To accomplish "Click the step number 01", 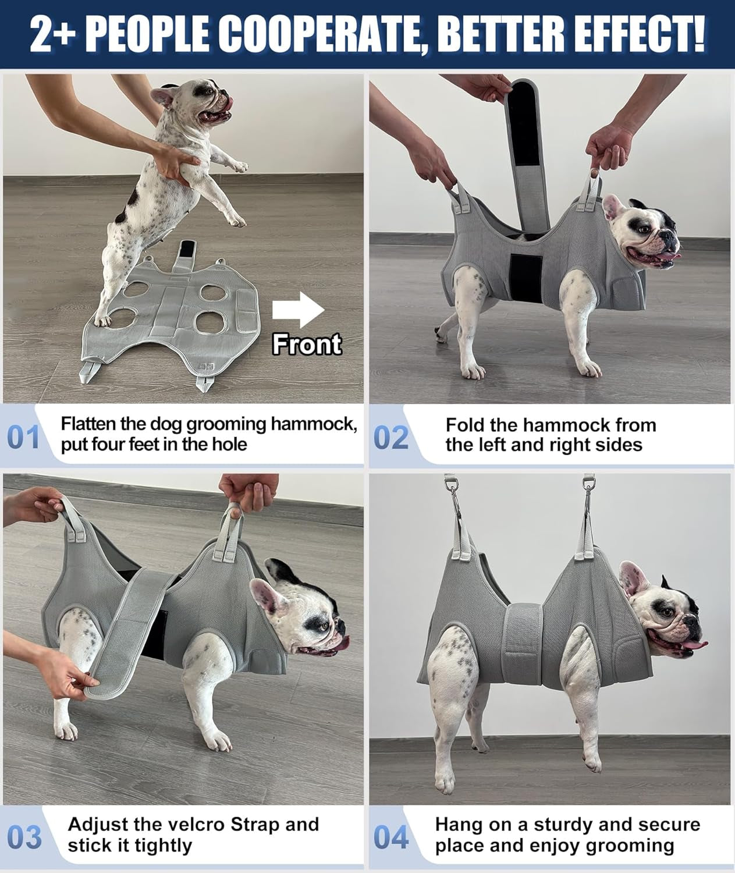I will point(23,438).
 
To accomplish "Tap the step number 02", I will point(390,438).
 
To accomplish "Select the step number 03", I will point(25,837).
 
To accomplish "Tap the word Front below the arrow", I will point(307,345).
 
